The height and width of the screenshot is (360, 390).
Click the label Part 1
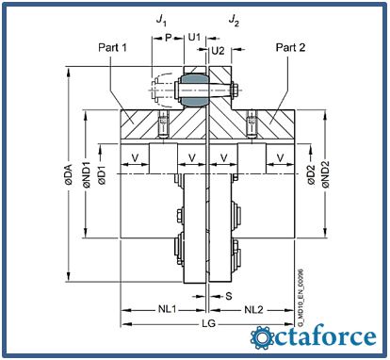pyautogui.click(x=112, y=47)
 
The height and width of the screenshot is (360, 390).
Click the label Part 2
pyautogui.click(x=290, y=47)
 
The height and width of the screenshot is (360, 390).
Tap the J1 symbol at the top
pyautogui.click(x=161, y=20)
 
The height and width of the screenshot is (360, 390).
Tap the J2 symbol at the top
pyautogui.click(x=234, y=20)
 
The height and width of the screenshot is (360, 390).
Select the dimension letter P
pyautogui.click(x=169, y=38)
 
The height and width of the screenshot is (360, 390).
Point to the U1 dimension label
pyautogui.click(x=194, y=37)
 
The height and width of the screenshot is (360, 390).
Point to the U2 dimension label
pyautogui.click(x=218, y=50)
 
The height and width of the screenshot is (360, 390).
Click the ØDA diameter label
pyautogui.click(x=68, y=174)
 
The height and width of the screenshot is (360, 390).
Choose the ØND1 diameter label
pyautogui.click(x=87, y=174)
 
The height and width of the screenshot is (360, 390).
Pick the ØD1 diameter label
pyautogui.click(x=102, y=174)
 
